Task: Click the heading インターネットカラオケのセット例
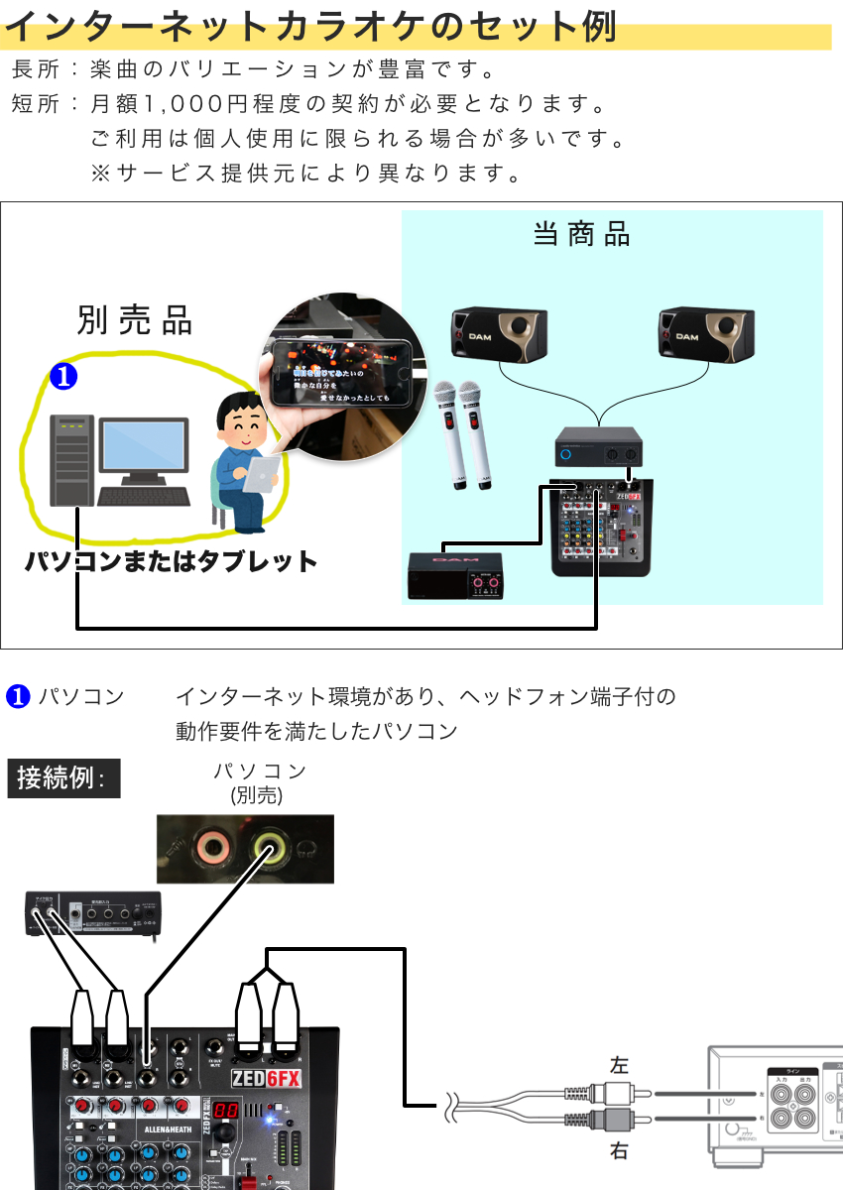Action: (310, 27)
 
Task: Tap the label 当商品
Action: (581, 235)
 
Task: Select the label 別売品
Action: (135, 320)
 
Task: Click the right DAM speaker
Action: (704, 332)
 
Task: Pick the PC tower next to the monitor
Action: (72, 460)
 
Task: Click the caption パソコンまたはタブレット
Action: (171, 561)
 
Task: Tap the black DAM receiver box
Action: (455, 575)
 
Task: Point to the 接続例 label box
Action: (63, 778)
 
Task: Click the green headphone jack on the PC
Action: (270, 848)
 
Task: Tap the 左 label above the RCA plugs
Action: (619, 1065)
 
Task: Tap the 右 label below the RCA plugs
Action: (619, 1152)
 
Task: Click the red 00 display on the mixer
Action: (225, 1112)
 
